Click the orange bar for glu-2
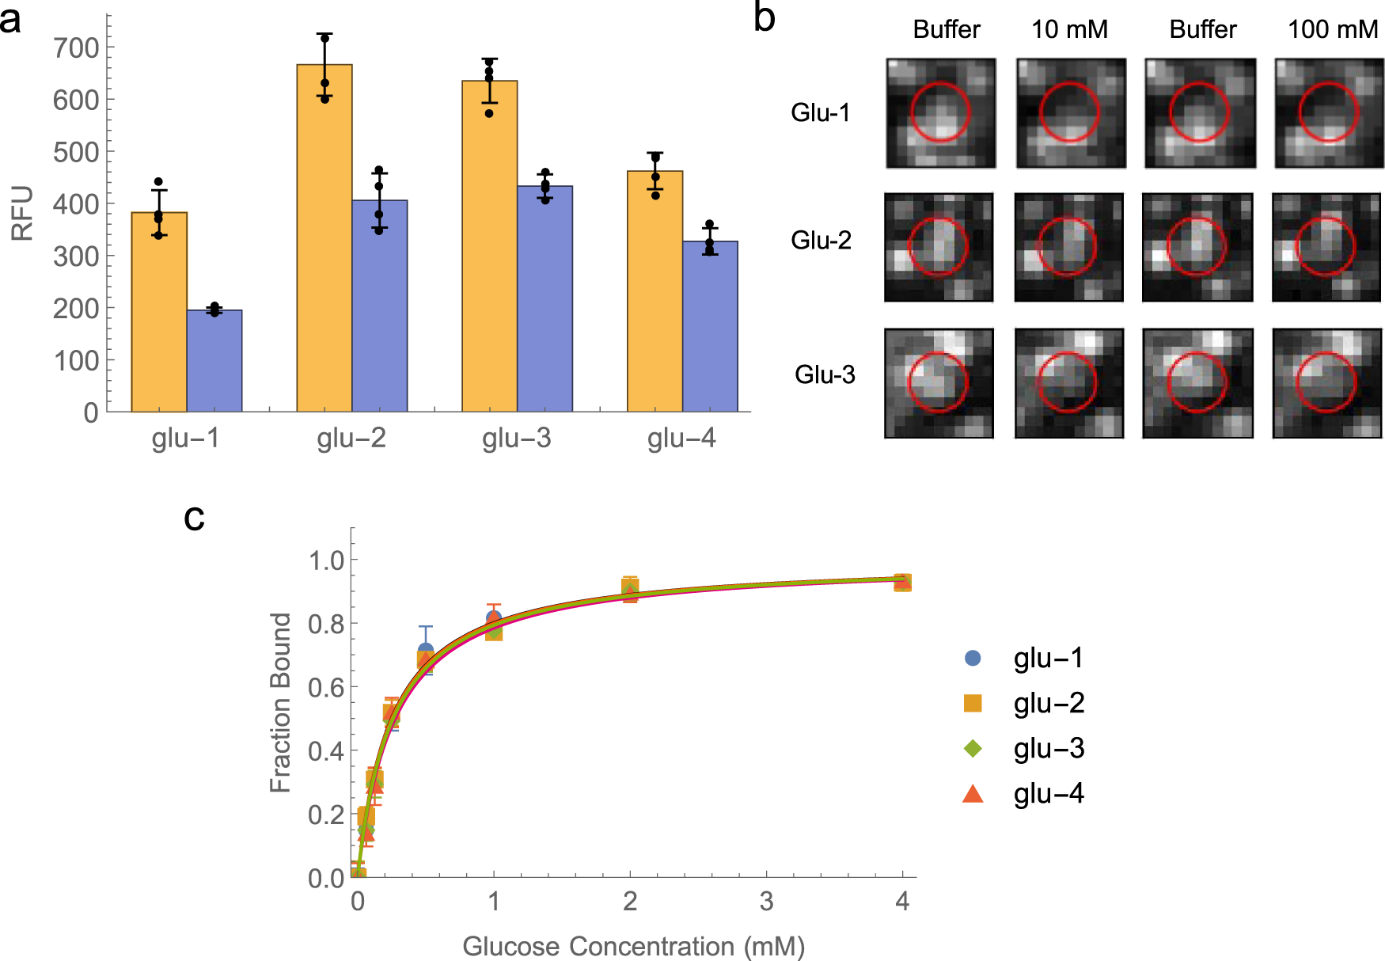pyautogui.click(x=324, y=237)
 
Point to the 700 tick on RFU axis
pyautogui.click(x=76, y=47)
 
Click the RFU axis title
pyautogui.click(x=22, y=213)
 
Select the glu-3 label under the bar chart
pyautogui.click(x=516, y=438)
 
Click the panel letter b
pyautogui.click(x=764, y=17)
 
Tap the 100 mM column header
pyautogui.click(x=1333, y=29)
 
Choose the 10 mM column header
pyautogui.click(x=1069, y=29)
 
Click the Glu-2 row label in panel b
pyautogui.click(x=821, y=240)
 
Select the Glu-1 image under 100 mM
pyautogui.click(x=1329, y=113)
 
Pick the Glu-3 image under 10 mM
pyautogui.click(x=1068, y=383)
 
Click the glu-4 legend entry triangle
pyautogui.click(x=973, y=794)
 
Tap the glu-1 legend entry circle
pyautogui.click(x=973, y=658)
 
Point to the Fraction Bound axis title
pyautogui.click(x=280, y=702)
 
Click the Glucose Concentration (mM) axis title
pyautogui.click(x=633, y=946)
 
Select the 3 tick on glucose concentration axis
pyautogui.click(x=766, y=901)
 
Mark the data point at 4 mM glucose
pyautogui.click(x=902, y=583)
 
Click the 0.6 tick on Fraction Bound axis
pyautogui.click(x=326, y=687)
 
